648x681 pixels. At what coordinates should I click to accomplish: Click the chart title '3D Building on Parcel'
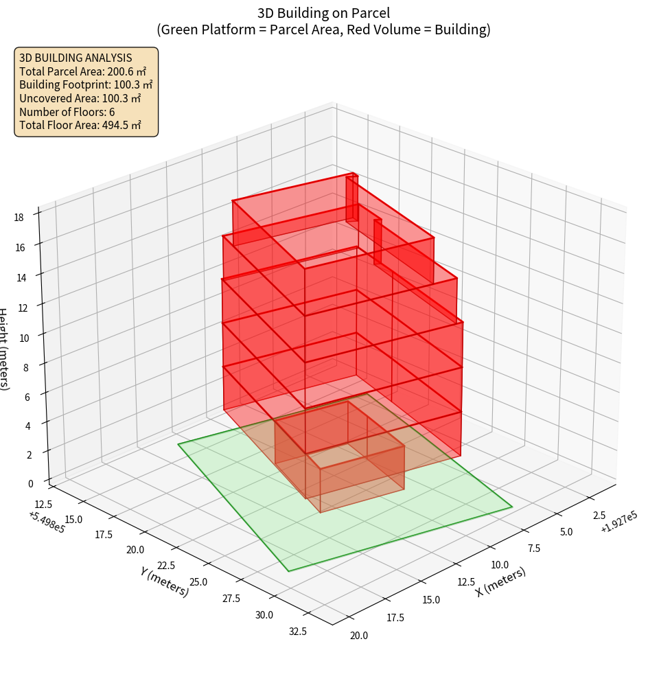pos(323,12)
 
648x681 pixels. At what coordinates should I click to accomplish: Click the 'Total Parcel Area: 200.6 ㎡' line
pos(83,71)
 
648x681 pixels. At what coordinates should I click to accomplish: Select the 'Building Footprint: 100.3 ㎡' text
pos(86,84)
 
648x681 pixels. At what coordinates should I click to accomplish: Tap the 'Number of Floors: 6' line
pos(67,112)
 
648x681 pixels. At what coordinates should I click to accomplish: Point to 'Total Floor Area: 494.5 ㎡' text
pos(80,126)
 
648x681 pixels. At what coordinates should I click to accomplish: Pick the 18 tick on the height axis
pos(19,217)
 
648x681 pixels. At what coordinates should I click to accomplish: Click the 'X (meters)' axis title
pos(500,582)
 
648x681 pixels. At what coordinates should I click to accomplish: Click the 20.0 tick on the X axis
pos(358,635)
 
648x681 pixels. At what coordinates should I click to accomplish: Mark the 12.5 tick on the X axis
pos(467,582)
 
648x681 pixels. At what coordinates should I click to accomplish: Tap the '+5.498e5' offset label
pos(47,522)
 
